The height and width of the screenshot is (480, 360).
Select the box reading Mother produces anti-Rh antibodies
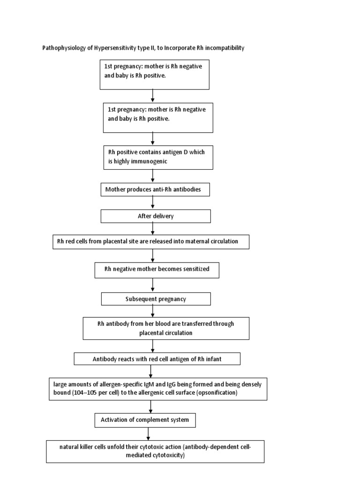[155, 189]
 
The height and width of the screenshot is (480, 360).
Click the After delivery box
[156, 216]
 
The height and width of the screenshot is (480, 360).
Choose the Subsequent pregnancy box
[156, 299]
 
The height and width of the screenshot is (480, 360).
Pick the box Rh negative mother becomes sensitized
[156, 270]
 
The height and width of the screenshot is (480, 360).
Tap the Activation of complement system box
[145, 420]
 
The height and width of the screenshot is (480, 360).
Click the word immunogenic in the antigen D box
[141, 161]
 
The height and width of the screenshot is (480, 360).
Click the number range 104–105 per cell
[88, 393]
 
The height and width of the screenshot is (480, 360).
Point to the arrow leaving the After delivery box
[153, 228]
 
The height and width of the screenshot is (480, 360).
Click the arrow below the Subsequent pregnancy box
[153, 311]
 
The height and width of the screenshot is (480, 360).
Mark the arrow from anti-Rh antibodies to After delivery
[153, 202]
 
